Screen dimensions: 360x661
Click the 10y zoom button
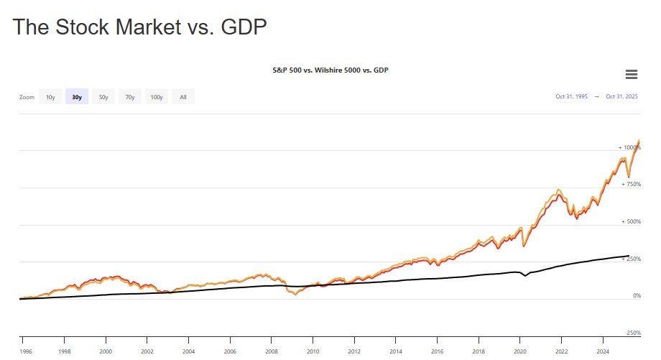[50, 97]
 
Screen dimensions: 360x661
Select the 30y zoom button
[77, 97]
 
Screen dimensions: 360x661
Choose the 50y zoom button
[103, 97]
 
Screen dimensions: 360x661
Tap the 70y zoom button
[130, 97]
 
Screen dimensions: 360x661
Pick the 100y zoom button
[157, 97]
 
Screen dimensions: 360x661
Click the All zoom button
[183, 97]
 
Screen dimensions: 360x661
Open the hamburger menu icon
[632, 74]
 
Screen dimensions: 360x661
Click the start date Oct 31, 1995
[572, 96]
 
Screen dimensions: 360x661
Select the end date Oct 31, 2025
[622, 96]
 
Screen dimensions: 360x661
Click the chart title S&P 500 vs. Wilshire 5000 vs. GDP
[330, 70]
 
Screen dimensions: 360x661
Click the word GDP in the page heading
[243, 27]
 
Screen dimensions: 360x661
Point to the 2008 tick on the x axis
[271, 352]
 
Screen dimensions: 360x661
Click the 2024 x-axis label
[604, 352]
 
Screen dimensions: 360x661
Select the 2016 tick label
[438, 352]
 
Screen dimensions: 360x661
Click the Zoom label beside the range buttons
[27, 97]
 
